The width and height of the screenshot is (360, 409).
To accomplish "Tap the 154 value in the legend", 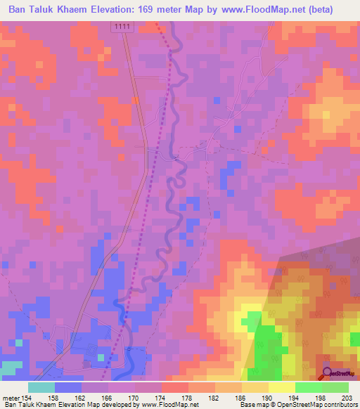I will click(x=28, y=398).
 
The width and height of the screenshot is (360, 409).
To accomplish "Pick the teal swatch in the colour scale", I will click(x=41, y=387).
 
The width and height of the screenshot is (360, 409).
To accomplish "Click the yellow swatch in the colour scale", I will click(x=281, y=387).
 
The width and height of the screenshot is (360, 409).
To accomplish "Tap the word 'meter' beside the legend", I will click(x=11, y=398).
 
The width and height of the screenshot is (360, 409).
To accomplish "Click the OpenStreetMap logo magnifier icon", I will click(x=326, y=373).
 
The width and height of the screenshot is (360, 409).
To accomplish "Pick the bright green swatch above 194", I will click(x=309, y=387).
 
